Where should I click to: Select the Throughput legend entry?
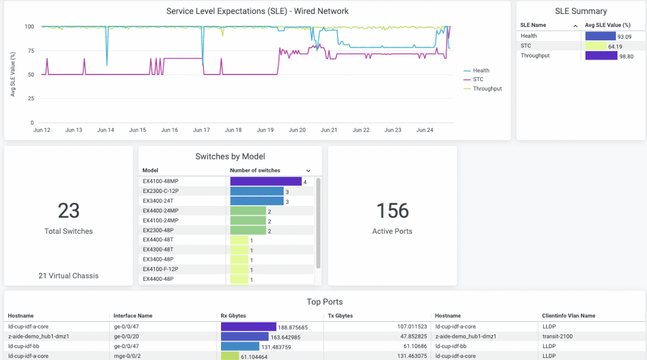[487, 88]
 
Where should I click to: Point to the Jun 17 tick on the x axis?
[201, 130]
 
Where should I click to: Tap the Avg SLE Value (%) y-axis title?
[13, 74]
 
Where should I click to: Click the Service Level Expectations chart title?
[257, 11]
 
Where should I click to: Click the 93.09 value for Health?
[624, 36]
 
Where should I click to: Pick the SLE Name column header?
[533, 25]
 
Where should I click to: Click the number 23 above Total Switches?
[68, 211]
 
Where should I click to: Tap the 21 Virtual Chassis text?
[68, 275]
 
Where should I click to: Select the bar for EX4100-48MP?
[265, 182]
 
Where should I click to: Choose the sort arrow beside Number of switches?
[308, 171]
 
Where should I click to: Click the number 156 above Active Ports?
[393, 211]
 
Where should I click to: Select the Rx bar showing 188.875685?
[248, 327]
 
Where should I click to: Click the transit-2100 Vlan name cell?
[558, 336]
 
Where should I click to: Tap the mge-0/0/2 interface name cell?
[128, 356]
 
